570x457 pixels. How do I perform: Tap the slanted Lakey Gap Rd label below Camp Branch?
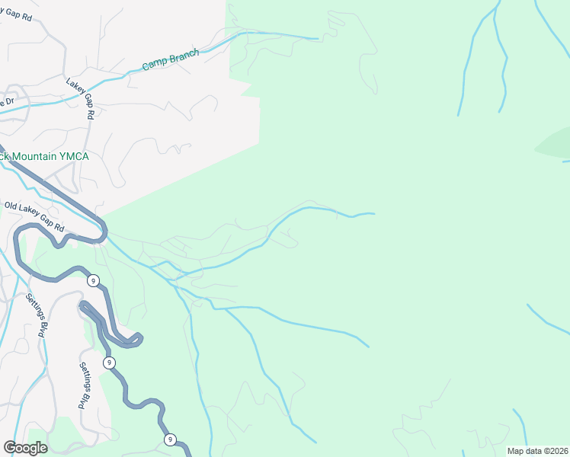pos(79,98)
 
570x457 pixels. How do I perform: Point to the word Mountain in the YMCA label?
pos(36,156)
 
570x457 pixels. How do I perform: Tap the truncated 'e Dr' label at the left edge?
pos(7,102)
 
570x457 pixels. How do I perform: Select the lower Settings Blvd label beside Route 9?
pos(86,385)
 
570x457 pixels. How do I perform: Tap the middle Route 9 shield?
pos(110,362)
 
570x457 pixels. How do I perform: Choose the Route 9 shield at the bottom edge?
pos(169,439)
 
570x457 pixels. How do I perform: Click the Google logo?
pos(25,447)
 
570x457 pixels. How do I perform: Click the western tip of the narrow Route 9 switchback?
pos(81,306)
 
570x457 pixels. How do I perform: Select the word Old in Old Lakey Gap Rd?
pos(11,206)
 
